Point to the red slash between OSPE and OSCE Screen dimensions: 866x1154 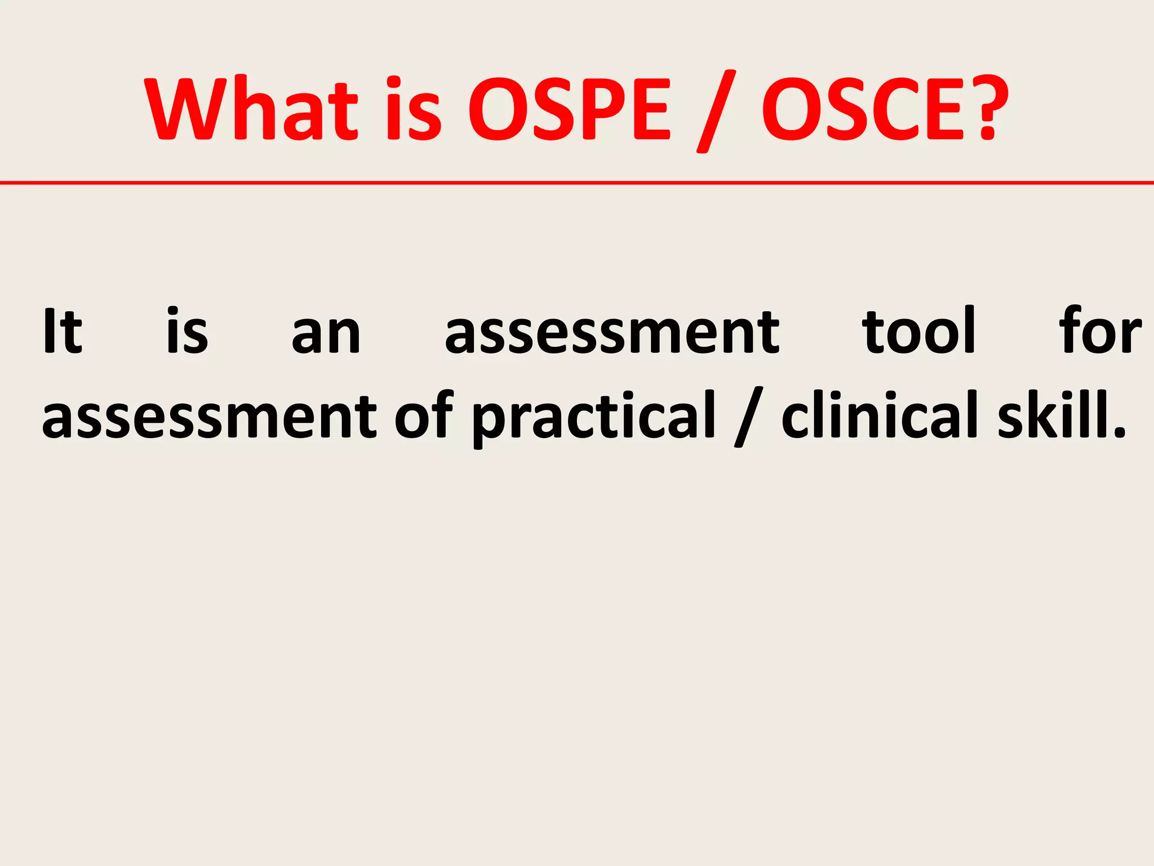click(x=716, y=112)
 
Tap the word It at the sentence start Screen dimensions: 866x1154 click(x=63, y=332)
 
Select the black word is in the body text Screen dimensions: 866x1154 click(x=187, y=332)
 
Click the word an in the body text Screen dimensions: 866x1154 click(x=326, y=335)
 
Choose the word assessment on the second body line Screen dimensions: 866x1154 click(x=210, y=417)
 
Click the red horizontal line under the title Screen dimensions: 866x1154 click(x=577, y=183)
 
